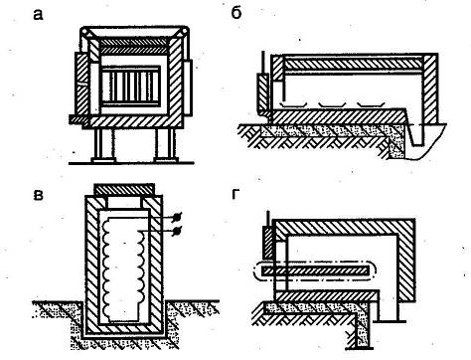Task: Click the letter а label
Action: (x=38, y=15)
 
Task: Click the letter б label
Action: (x=236, y=13)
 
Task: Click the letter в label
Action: (x=39, y=195)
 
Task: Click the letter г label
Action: (x=235, y=194)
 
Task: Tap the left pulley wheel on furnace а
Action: (x=85, y=32)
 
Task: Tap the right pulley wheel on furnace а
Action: (x=183, y=32)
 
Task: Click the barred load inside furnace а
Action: (x=131, y=86)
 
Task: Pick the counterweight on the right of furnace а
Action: (x=188, y=88)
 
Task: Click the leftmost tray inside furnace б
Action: (x=293, y=105)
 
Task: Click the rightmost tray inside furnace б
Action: (x=371, y=105)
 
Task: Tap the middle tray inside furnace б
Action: (x=332, y=105)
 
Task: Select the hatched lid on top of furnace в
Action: (x=124, y=189)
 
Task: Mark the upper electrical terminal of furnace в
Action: (x=177, y=217)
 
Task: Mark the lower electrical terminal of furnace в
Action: (x=177, y=230)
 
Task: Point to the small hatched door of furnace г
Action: (x=268, y=243)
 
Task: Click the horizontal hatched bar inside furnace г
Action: (x=315, y=270)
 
